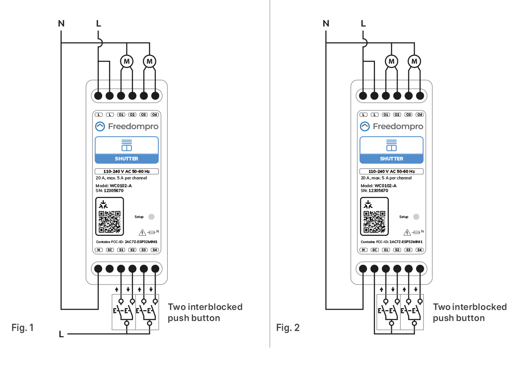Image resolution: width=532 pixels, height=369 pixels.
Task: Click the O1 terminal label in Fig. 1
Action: point(121,115)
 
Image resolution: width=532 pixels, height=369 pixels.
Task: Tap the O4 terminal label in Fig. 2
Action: point(420,115)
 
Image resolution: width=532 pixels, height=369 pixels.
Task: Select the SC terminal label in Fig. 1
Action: point(110,250)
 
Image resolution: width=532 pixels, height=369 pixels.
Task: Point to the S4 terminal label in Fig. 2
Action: point(420,250)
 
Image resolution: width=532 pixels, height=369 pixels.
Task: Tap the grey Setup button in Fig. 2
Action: point(416,217)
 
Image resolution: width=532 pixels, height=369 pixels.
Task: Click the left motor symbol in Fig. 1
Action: point(127,62)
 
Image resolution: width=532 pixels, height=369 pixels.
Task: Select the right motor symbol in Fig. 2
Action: point(414,62)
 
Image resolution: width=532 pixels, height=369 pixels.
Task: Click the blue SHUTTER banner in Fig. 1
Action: point(127,159)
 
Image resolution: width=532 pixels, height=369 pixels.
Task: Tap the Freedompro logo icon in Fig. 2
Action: point(365,126)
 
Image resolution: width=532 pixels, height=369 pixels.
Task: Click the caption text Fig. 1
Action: point(22,328)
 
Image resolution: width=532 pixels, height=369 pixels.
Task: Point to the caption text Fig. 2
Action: point(288,328)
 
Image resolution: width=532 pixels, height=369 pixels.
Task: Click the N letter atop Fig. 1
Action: point(61,24)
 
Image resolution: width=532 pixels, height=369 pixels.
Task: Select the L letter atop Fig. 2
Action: point(363,24)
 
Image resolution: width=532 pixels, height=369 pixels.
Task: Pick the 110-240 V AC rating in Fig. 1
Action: point(127,171)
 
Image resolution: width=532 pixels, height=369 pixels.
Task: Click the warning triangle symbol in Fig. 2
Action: point(407,233)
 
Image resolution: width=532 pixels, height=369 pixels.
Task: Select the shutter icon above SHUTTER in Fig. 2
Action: point(391,145)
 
